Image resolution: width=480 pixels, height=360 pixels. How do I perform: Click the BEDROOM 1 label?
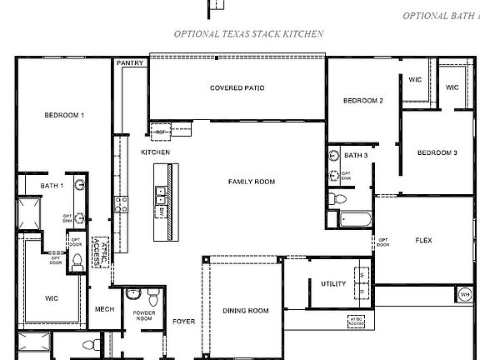[64, 115]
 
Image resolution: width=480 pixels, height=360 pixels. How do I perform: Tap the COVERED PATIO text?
[237, 87]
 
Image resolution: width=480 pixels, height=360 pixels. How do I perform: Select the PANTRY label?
[130, 62]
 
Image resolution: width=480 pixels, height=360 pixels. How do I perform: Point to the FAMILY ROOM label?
[252, 181]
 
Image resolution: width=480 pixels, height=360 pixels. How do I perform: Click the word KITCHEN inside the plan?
[155, 152]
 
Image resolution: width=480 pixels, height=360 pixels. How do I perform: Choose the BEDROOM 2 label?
[362, 101]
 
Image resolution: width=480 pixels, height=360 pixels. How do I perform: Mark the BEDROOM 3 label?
[437, 152]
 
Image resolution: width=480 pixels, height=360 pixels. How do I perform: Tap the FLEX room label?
[423, 240]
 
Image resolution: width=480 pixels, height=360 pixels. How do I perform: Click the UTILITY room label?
[333, 284]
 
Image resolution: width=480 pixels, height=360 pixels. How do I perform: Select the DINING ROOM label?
[246, 311]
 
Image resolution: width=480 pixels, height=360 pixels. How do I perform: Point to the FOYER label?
[183, 321]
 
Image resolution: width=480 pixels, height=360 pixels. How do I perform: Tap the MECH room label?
[104, 307]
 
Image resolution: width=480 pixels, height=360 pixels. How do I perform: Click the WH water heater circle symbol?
[464, 293]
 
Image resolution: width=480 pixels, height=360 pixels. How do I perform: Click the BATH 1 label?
[52, 185]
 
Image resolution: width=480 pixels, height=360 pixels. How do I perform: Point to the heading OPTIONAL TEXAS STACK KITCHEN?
[248, 34]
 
